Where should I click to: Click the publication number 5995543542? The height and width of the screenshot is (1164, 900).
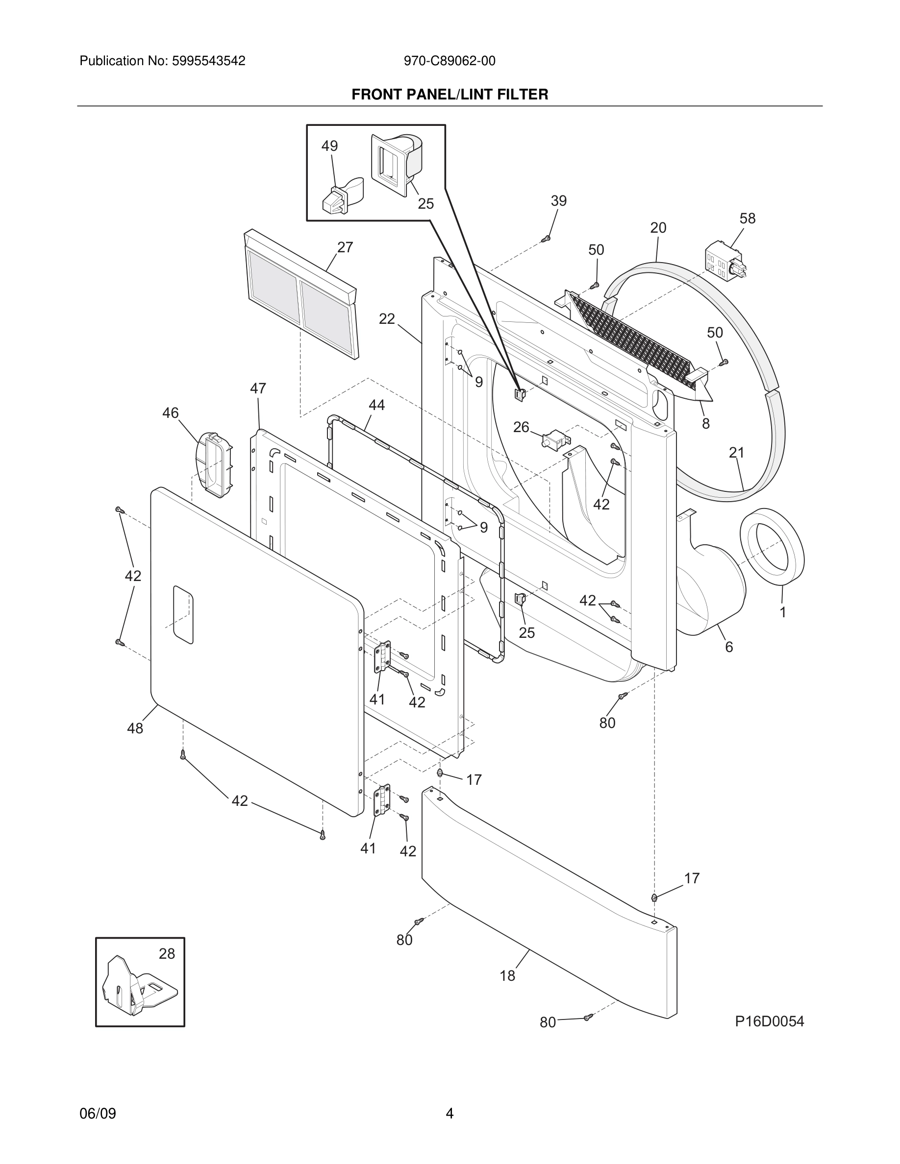208,61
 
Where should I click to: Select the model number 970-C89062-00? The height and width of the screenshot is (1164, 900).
449,61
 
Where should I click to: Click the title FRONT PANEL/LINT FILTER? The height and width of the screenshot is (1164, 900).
450,95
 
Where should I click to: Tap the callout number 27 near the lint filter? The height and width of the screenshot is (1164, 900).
345,247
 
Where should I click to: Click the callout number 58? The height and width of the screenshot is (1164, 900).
747,218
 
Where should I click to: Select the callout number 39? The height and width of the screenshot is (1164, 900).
558,201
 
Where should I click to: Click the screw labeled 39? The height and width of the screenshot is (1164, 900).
545,239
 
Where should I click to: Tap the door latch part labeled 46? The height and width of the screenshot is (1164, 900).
215,464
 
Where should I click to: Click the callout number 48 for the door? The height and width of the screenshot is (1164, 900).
135,728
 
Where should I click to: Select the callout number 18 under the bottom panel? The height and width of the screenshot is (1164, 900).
507,976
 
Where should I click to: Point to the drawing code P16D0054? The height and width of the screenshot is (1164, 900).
769,1021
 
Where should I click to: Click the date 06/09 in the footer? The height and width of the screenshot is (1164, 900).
98,1114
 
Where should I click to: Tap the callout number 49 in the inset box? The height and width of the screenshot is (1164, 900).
329,146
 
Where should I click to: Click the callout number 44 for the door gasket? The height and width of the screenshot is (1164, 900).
376,406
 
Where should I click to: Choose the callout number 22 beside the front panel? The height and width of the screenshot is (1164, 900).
387,319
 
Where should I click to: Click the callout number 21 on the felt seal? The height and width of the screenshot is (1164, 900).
736,453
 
